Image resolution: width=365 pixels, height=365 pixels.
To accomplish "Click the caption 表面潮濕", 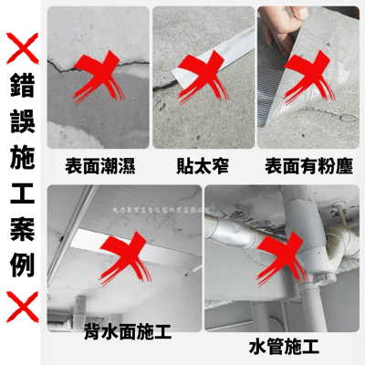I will [101, 167].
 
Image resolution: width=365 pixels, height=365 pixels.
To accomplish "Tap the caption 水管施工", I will [283, 346].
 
